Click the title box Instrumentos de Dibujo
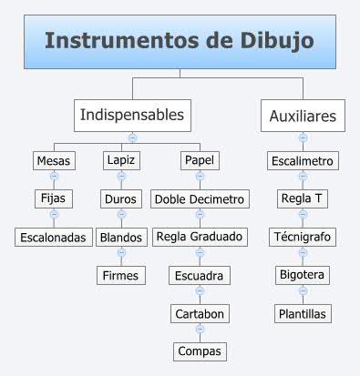pyautogui.click(x=179, y=42)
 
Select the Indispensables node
pyautogui.click(x=132, y=115)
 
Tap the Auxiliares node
pyautogui.click(x=303, y=116)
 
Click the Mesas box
pyautogui.click(x=53, y=160)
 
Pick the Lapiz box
pyautogui.click(x=120, y=160)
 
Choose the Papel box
pyautogui.click(x=200, y=160)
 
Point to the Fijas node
pyautogui.click(x=54, y=198)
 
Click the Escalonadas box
pyautogui.click(x=54, y=237)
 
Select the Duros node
pyautogui.click(x=120, y=198)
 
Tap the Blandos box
pyautogui.click(x=120, y=236)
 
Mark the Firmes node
pyautogui.click(x=120, y=274)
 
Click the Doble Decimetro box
pyautogui.click(x=200, y=198)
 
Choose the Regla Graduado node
pyautogui.click(x=200, y=236)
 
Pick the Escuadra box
pyautogui.click(x=200, y=274)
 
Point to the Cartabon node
pyautogui.click(x=200, y=312)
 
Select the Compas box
pyautogui.click(x=200, y=350)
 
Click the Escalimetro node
pyautogui.click(x=303, y=161)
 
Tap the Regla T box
pyautogui.click(x=303, y=198)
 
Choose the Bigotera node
pyautogui.click(x=303, y=274)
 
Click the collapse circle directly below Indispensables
pyautogui.click(x=132, y=137)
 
